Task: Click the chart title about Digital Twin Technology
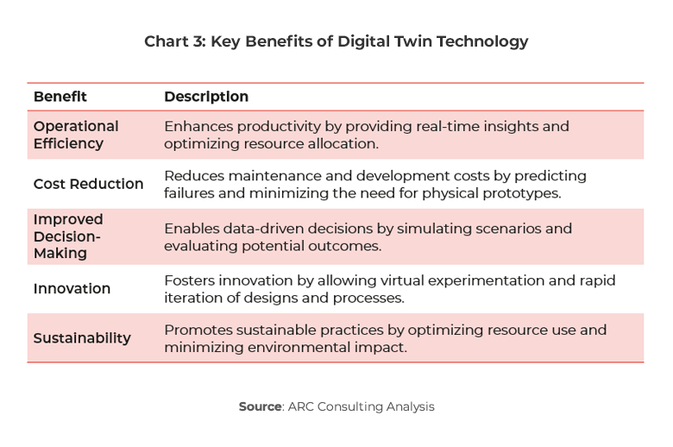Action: (x=336, y=41)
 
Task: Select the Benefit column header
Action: (x=60, y=97)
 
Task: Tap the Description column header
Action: (x=206, y=97)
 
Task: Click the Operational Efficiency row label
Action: (x=76, y=135)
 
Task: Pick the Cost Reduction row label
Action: (x=88, y=184)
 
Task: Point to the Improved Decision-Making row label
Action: (x=68, y=236)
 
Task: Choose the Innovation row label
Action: (x=72, y=288)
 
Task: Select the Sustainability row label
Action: (x=82, y=338)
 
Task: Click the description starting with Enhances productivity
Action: (x=366, y=135)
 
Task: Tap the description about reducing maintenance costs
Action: (x=374, y=184)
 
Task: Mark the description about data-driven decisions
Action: (x=368, y=236)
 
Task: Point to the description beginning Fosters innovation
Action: (x=389, y=288)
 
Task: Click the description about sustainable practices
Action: (x=385, y=338)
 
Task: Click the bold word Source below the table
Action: (x=260, y=406)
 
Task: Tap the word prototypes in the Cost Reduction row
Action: (x=520, y=193)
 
